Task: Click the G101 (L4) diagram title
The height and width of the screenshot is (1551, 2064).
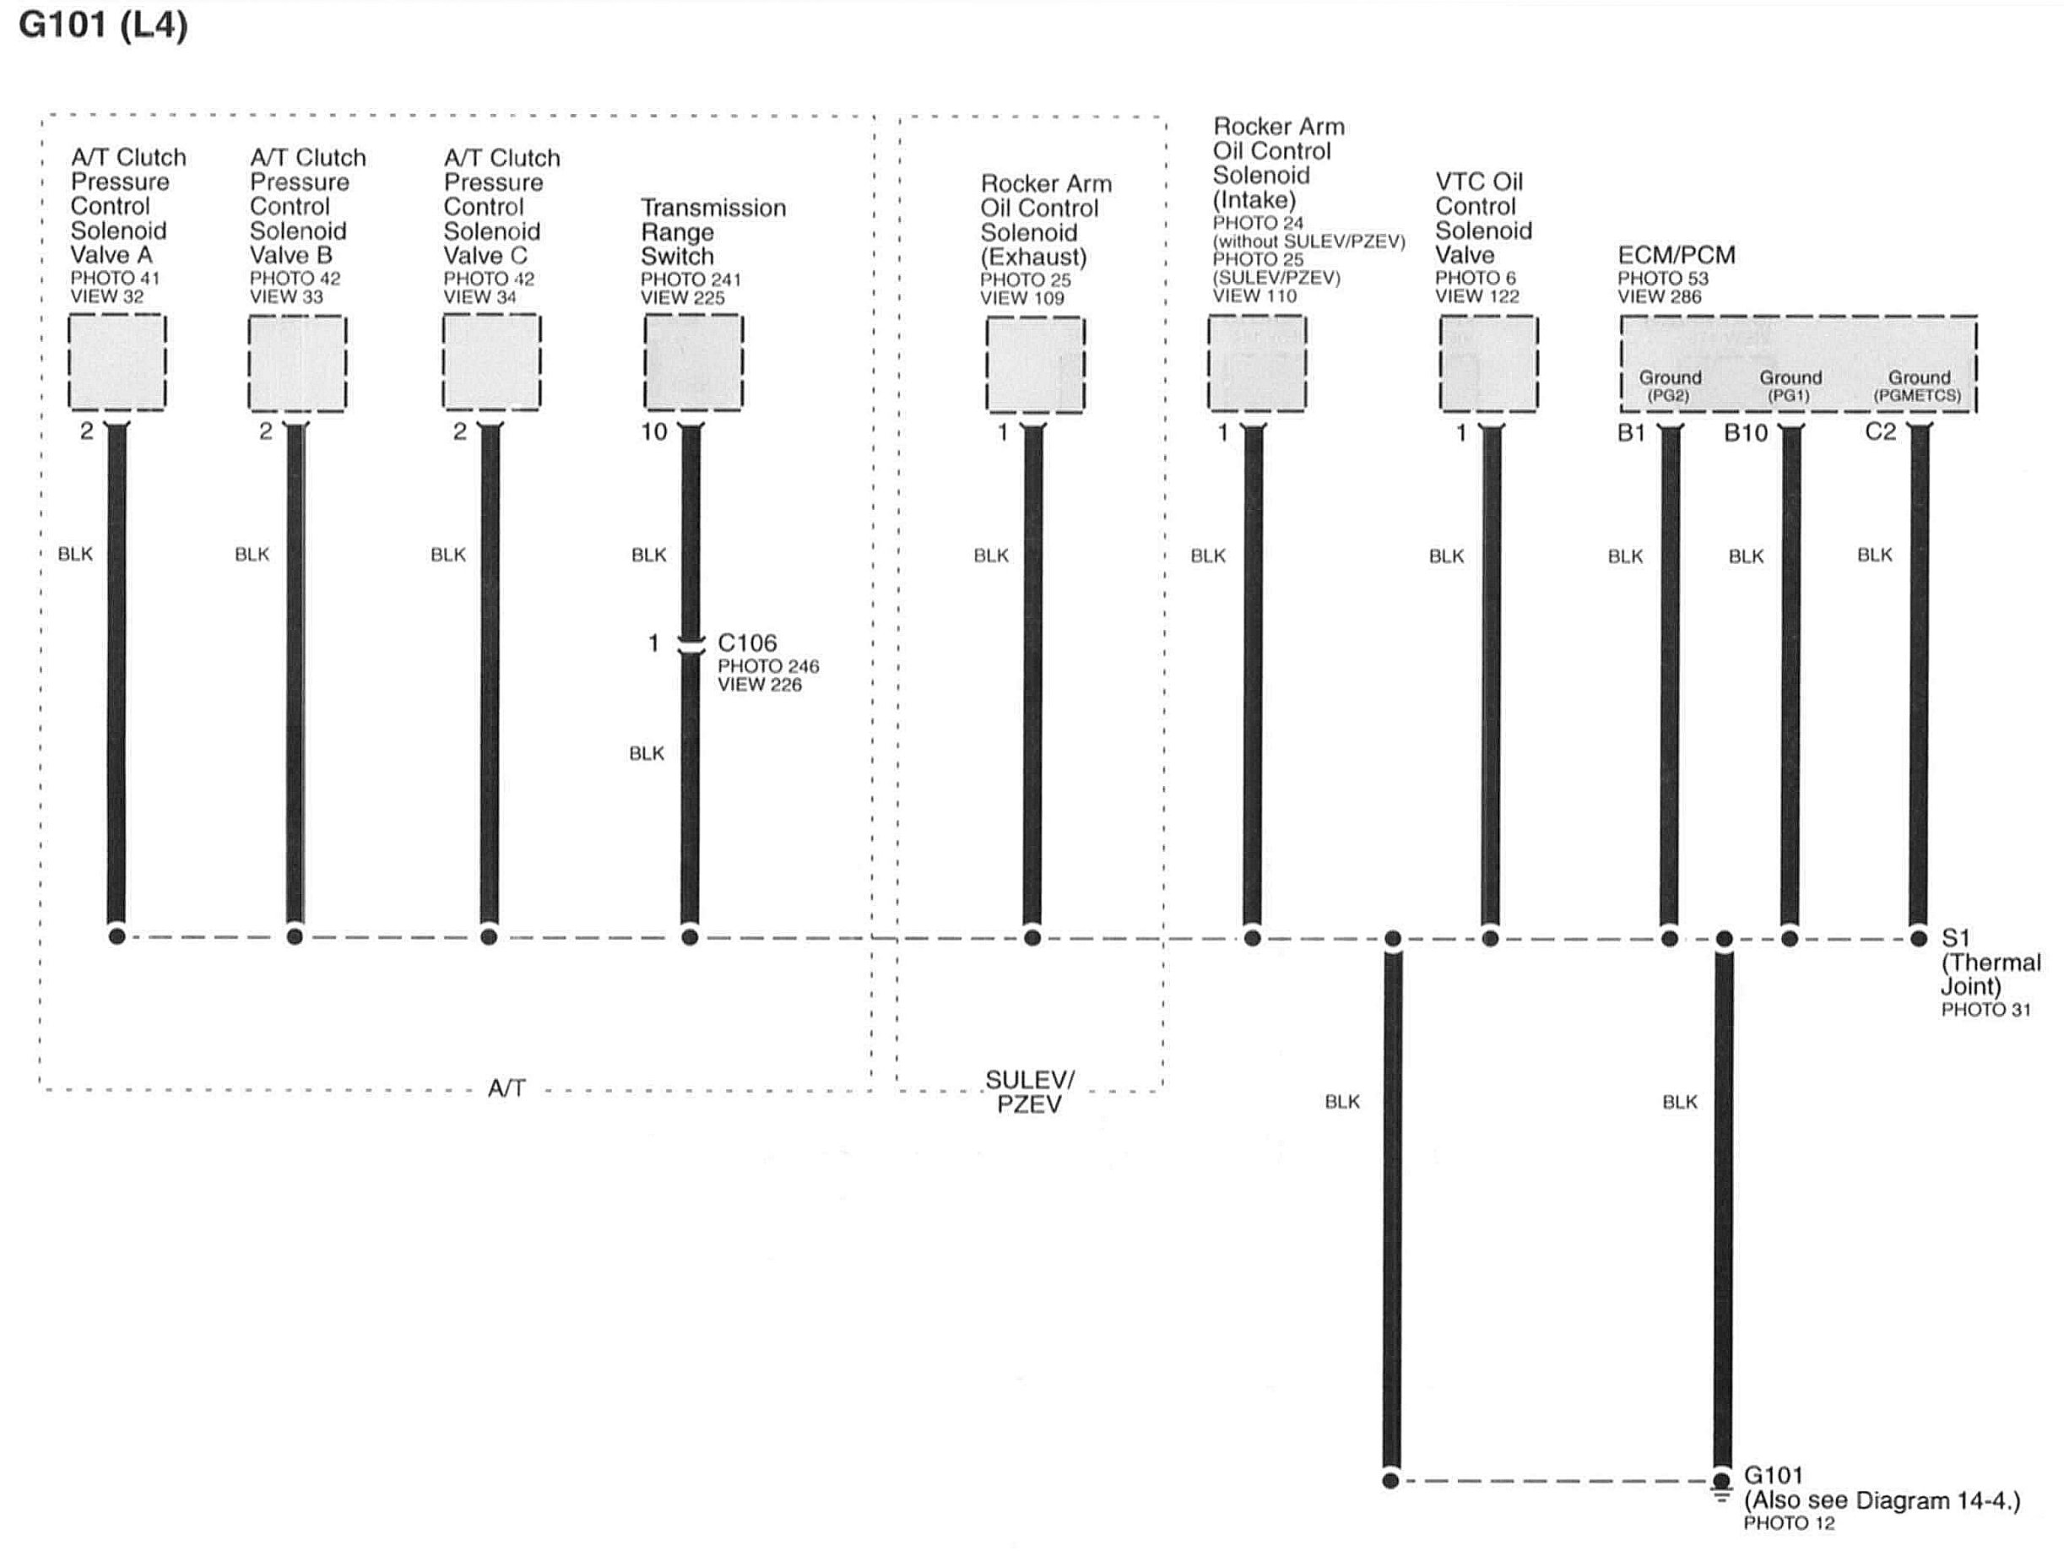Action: click(103, 25)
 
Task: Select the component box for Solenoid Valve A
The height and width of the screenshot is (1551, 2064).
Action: click(116, 362)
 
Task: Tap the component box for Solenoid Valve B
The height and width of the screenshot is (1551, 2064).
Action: click(296, 363)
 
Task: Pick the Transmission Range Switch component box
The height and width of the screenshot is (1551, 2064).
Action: click(693, 363)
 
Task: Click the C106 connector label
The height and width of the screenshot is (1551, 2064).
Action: click(746, 643)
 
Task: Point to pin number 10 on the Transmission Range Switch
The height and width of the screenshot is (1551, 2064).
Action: click(654, 432)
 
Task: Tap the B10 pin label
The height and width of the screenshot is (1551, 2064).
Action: click(1745, 433)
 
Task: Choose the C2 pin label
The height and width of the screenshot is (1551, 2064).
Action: click(1880, 432)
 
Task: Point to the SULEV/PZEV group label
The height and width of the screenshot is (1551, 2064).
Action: click(1029, 1092)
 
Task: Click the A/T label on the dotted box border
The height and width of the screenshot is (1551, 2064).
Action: click(507, 1088)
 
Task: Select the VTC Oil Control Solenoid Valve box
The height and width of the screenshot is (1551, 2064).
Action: click(1488, 363)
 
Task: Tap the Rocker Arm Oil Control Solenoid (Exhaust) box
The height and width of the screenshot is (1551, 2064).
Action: click(1035, 364)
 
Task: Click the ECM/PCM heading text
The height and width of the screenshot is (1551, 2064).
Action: click(1676, 255)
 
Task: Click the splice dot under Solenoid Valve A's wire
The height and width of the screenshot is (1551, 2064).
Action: click(116, 936)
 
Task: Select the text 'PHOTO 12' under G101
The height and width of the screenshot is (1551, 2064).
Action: click(1789, 1524)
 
